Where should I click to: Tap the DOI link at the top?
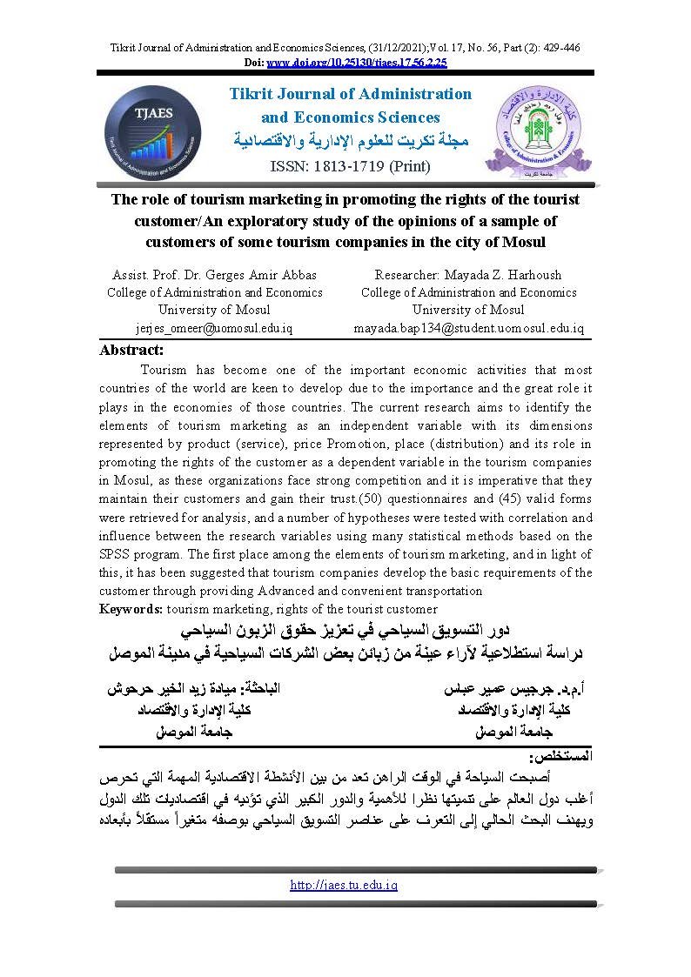pos(356,63)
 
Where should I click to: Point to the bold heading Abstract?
pos(131,350)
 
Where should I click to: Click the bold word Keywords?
pos(131,609)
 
